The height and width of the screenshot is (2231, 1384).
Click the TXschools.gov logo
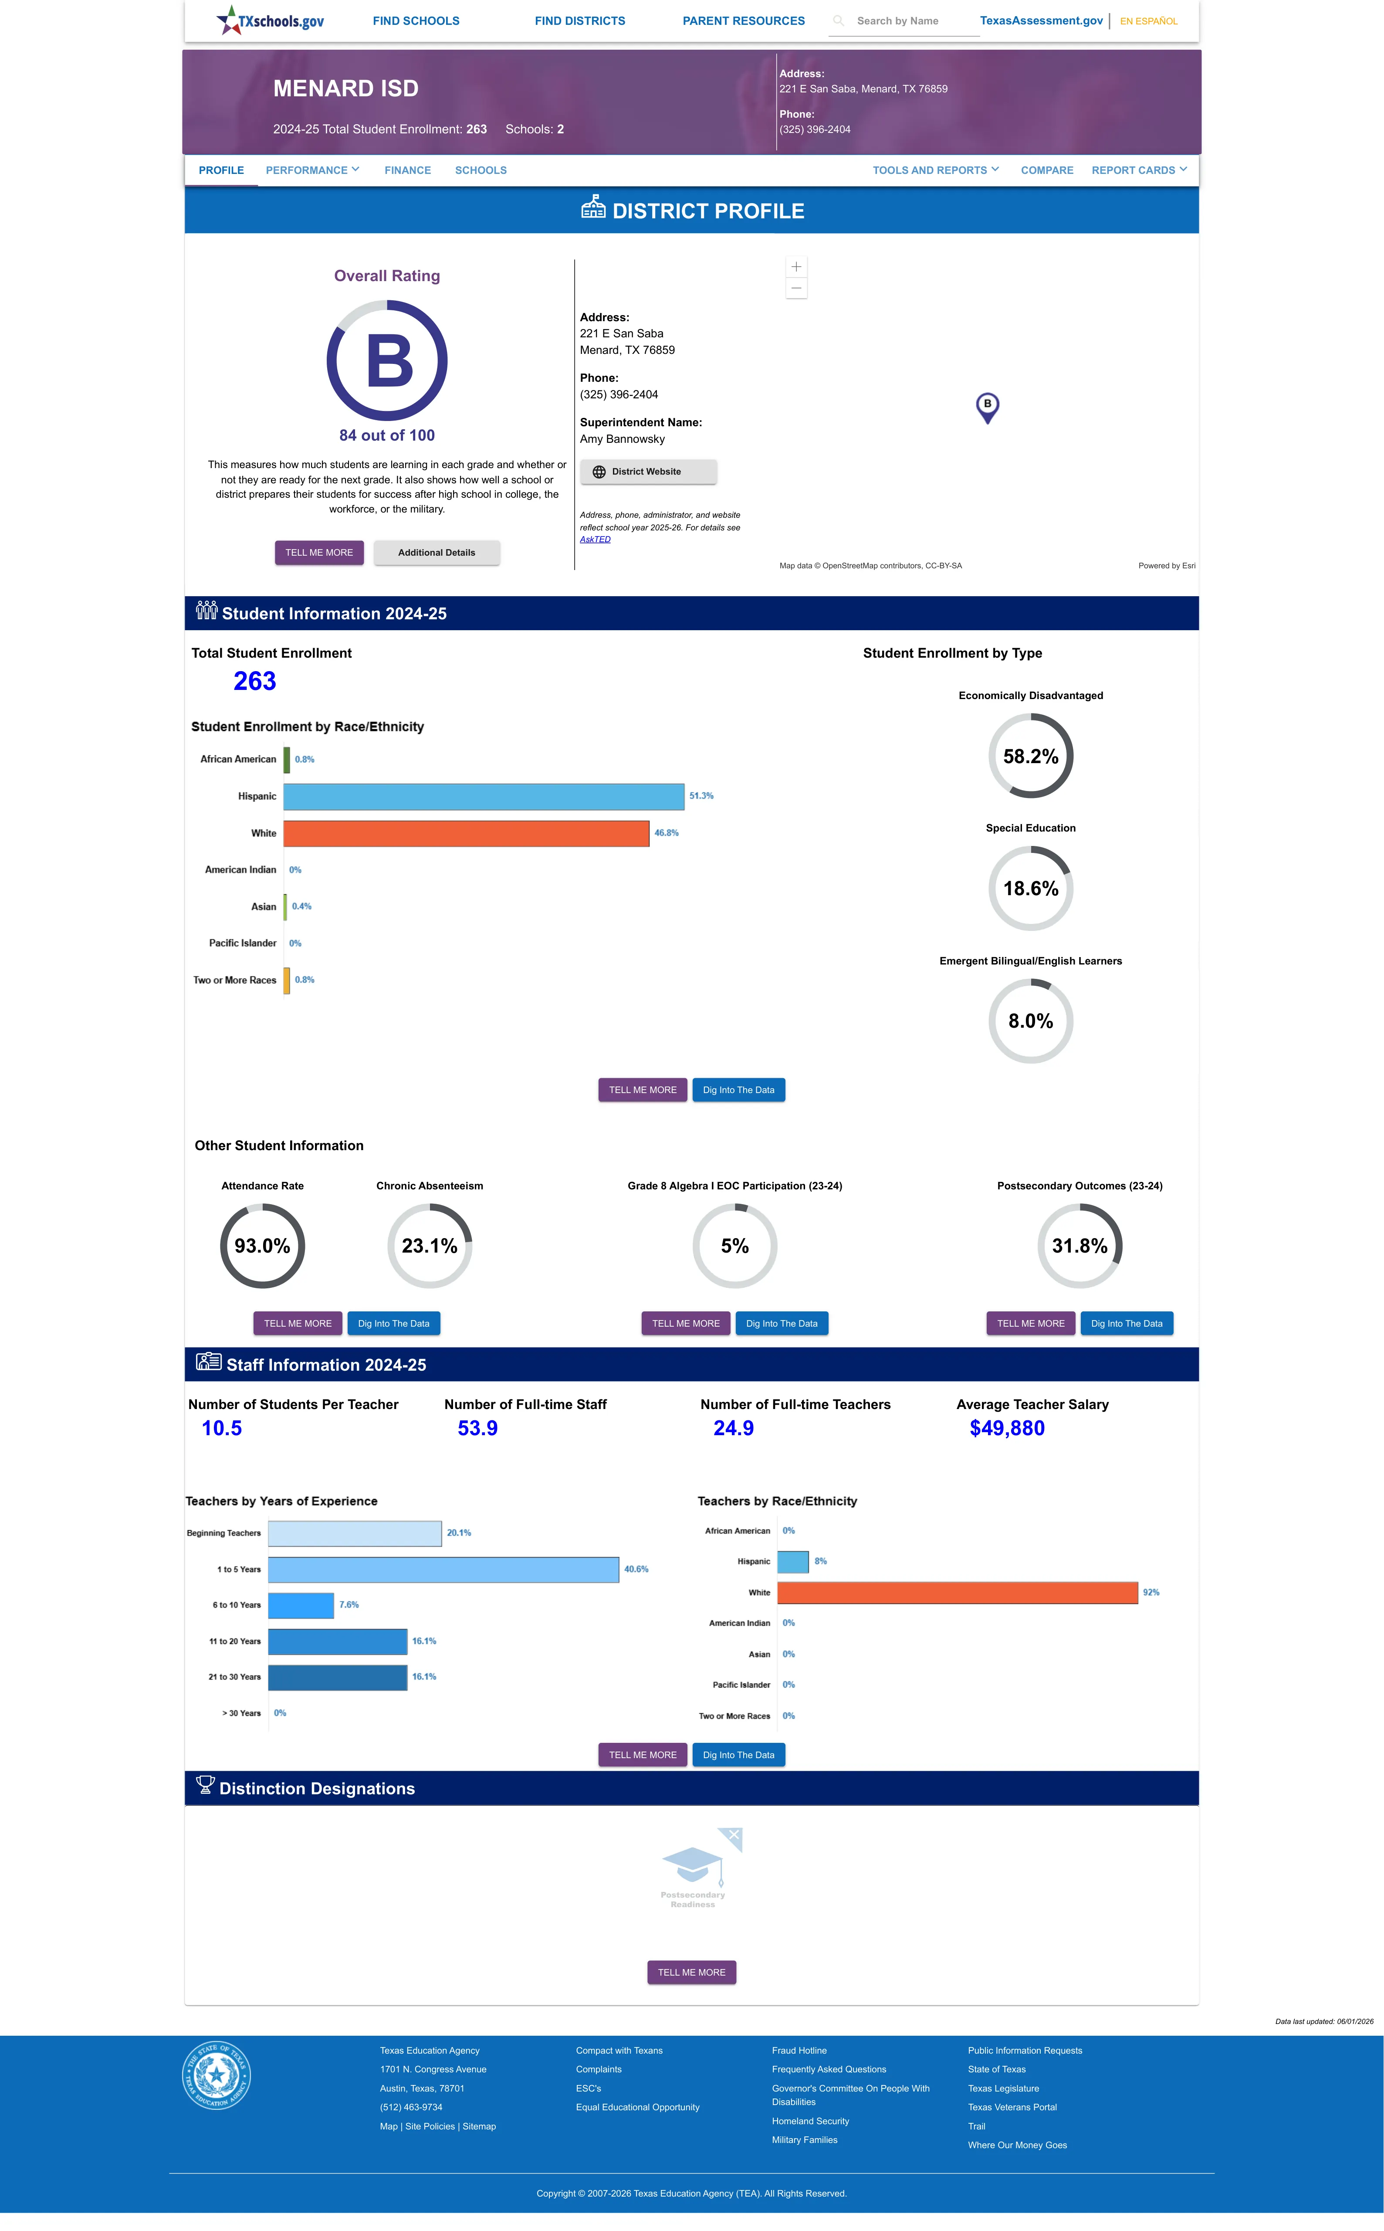click(x=270, y=20)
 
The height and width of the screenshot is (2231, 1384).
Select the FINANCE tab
click(x=407, y=170)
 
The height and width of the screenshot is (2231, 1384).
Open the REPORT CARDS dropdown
click(x=1139, y=170)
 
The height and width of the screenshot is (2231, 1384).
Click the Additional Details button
click(x=437, y=553)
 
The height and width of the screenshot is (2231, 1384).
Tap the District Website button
click(x=648, y=472)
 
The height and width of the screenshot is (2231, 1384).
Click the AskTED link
click(x=595, y=539)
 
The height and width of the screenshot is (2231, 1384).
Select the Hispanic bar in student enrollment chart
click(x=483, y=796)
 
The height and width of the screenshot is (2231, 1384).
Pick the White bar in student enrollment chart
click(x=466, y=833)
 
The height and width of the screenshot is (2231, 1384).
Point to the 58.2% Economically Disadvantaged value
click(x=1031, y=756)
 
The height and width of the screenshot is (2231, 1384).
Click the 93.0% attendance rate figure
click(x=262, y=1246)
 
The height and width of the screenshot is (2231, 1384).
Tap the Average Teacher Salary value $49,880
click(x=1007, y=1428)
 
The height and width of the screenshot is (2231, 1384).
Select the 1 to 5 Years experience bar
click(x=443, y=1569)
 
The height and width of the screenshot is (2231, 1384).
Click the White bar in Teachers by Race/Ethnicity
click(x=958, y=1593)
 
